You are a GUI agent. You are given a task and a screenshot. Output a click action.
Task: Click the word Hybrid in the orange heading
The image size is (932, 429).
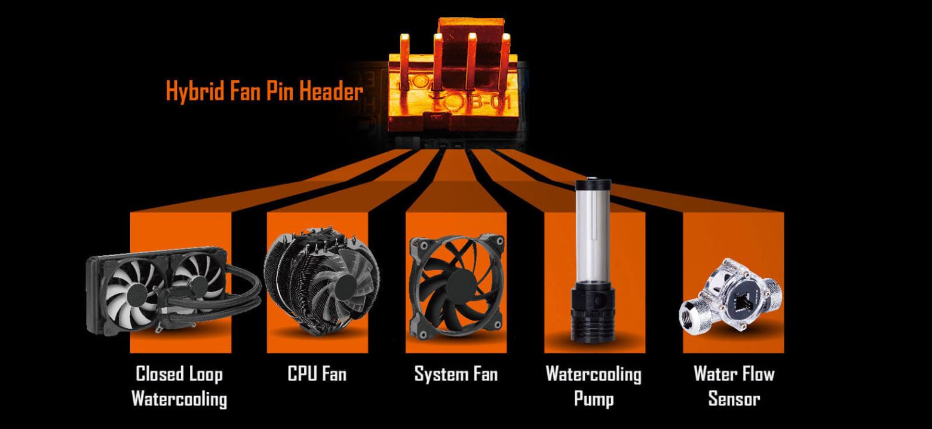(195, 91)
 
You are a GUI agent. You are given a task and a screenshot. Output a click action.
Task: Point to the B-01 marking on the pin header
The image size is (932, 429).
(489, 101)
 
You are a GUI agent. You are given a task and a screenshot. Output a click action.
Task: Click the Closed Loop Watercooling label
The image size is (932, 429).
(179, 386)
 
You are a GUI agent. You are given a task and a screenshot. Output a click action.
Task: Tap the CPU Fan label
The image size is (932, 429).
(317, 373)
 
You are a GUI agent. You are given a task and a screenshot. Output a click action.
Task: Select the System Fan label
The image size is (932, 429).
(456, 374)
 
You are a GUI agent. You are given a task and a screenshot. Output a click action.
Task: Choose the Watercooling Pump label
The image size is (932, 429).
(594, 386)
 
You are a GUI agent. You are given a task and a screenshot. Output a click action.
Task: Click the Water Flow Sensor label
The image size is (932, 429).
(734, 386)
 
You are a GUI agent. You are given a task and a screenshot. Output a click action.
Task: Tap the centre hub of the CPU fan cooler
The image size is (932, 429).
(346, 286)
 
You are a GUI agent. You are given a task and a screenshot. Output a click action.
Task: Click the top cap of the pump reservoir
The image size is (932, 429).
(593, 183)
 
